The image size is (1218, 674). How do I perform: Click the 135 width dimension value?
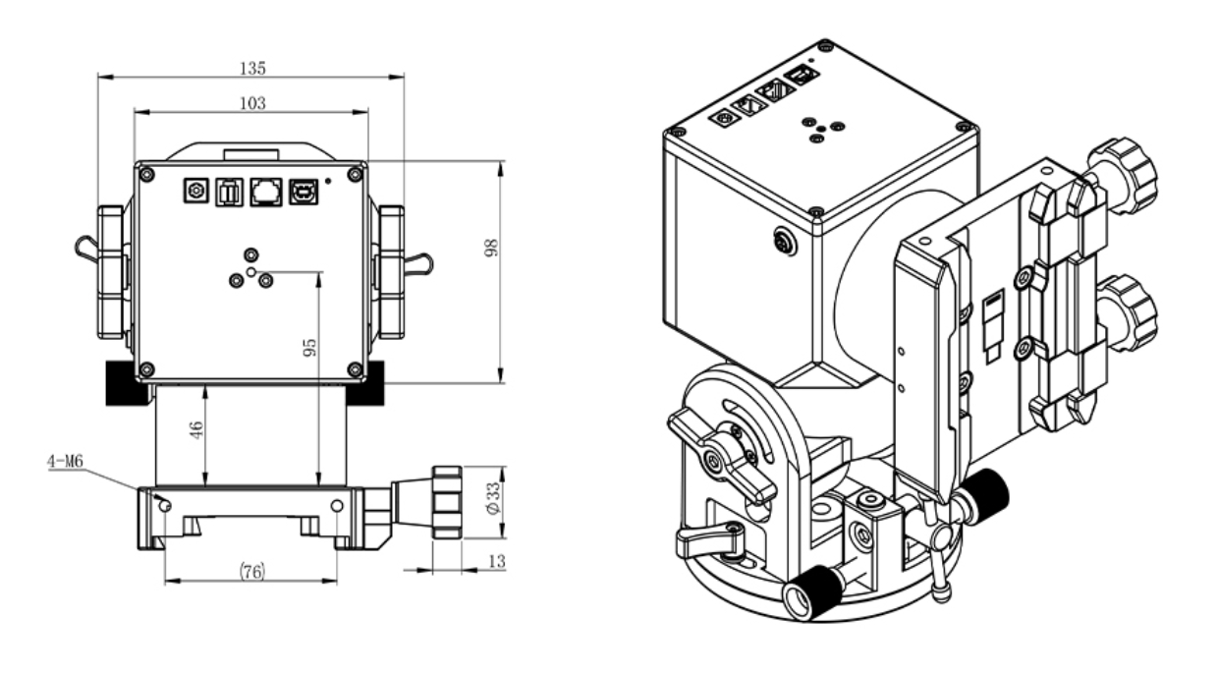(251, 68)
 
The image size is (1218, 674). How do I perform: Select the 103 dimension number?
(251, 102)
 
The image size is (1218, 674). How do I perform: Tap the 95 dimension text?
(310, 346)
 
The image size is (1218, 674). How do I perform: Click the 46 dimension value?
(195, 431)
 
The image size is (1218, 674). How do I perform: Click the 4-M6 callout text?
(66, 459)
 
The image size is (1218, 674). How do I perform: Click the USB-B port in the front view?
(301, 193)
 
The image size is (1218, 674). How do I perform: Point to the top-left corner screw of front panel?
(146, 174)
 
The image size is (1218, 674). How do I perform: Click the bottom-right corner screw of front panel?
(355, 369)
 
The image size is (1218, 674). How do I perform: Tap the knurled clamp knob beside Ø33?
(447, 501)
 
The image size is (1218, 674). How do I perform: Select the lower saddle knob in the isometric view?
(1127, 308)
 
